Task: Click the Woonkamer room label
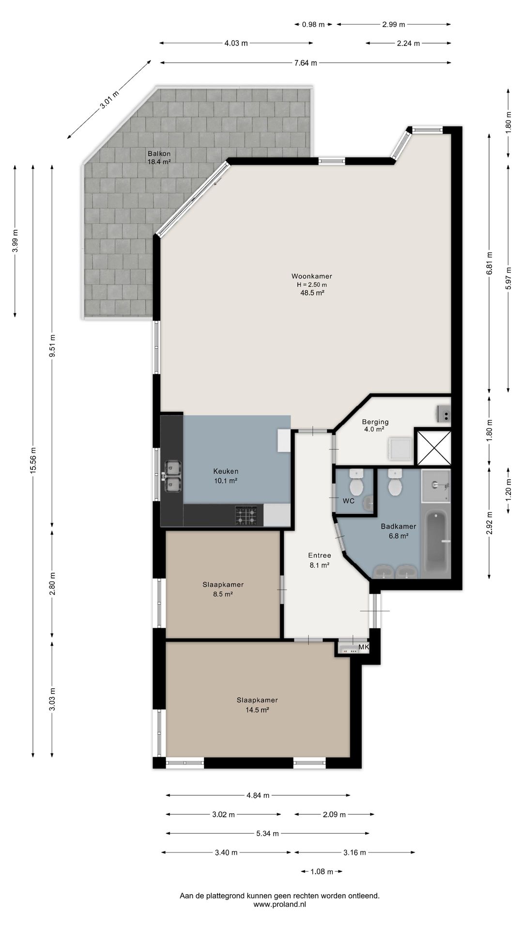pyautogui.click(x=311, y=277)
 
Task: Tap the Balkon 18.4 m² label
pyautogui.click(x=159, y=158)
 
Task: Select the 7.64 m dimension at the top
pyautogui.click(x=306, y=62)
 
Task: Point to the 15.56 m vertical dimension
pyautogui.click(x=33, y=460)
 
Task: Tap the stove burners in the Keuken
pyautogui.click(x=246, y=515)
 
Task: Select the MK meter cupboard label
pyautogui.click(x=363, y=647)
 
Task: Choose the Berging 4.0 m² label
pyautogui.click(x=375, y=425)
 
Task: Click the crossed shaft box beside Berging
pyautogui.click(x=433, y=447)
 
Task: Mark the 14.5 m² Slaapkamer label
pyautogui.click(x=257, y=705)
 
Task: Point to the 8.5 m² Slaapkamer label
pyautogui.click(x=223, y=589)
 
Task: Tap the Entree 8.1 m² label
pyautogui.click(x=320, y=560)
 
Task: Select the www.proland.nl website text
pyautogui.click(x=279, y=904)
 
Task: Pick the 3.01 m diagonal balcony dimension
pyautogui.click(x=109, y=100)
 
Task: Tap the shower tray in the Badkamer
pyautogui.click(x=436, y=486)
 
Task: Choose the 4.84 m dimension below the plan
pyautogui.click(x=258, y=795)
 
